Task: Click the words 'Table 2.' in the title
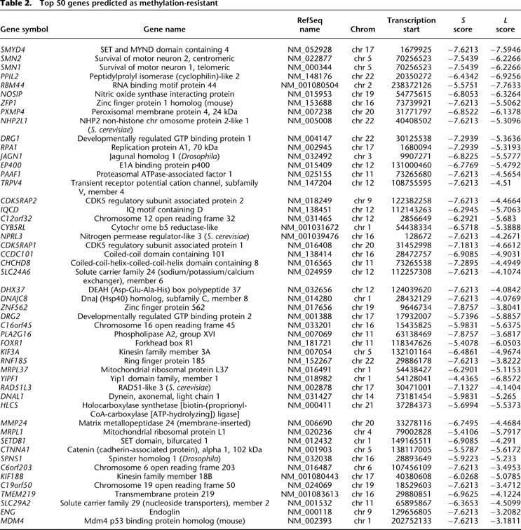tap(19, 6)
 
